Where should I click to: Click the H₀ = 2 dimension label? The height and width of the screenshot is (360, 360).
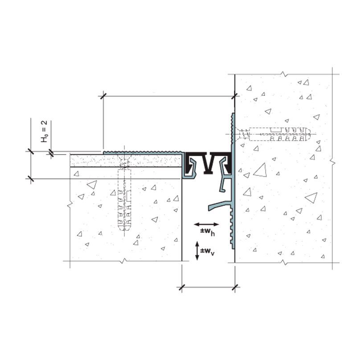point(44,131)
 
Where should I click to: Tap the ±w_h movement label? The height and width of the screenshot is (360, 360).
point(208,232)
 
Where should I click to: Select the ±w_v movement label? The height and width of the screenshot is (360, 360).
point(207,251)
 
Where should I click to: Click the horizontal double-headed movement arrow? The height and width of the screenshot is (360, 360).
point(206,224)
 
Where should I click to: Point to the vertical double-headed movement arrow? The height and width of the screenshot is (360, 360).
point(197,251)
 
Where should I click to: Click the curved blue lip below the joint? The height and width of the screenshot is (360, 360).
point(220,205)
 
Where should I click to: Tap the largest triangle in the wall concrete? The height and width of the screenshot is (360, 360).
point(260,170)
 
